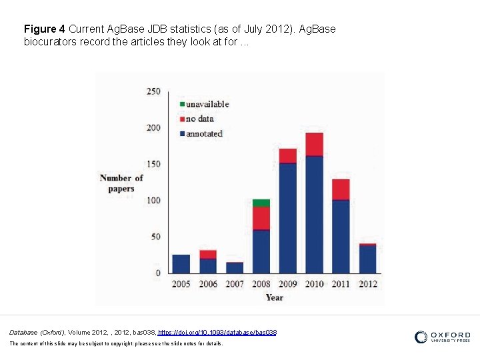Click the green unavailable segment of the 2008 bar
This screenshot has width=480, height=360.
pyautogui.click(x=261, y=203)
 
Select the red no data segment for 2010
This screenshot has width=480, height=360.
pyautogui.click(x=315, y=144)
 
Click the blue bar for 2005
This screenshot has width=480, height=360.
pyautogui.click(x=181, y=264)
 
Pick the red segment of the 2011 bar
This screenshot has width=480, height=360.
pyautogui.click(x=341, y=189)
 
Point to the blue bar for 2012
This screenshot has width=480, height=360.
pyautogui.click(x=368, y=260)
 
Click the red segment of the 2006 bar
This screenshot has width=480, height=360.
pyautogui.click(x=208, y=255)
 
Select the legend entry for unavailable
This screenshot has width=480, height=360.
pyautogui.click(x=203, y=104)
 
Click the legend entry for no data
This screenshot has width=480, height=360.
pyautogui.click(x=200, y=119)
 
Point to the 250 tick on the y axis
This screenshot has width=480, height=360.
pyautogui.click(x=153, y=91)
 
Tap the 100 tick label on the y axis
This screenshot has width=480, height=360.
pyautogui.click(x=153, y=201)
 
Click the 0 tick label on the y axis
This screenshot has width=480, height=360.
pyautogui.click(x=158, y=273)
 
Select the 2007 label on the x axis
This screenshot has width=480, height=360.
pyautogui.click(x=235, y=284)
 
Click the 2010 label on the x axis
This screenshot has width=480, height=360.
pyautogui.click(x=315, y=284)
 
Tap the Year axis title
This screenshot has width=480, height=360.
pyautogui.click(x=275, y=297)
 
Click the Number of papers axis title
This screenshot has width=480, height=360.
pyautogui.click(x=121, y=183)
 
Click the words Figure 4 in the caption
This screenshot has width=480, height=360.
pyautogui.click(x=44, y=29)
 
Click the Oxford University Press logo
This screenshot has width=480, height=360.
pyautogui.click(x=442, y=337)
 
